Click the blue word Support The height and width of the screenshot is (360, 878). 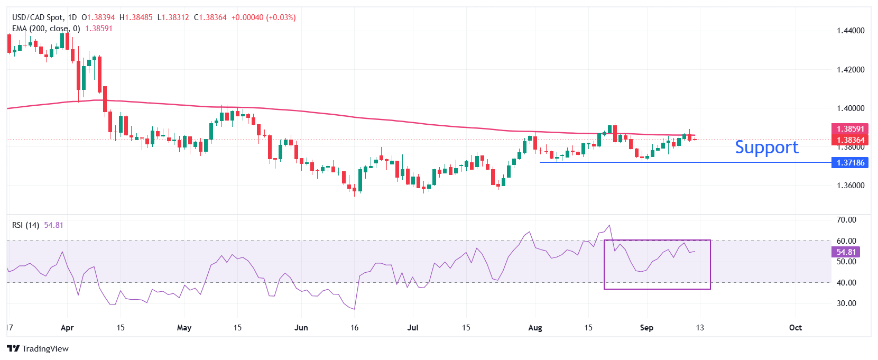click(766, 147)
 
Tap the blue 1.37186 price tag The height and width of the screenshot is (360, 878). click(850, 163)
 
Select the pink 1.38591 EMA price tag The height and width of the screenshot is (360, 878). click(850, 129)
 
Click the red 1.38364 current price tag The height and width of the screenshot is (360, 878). click(850, 140)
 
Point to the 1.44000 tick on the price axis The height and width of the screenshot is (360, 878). click(851, 31)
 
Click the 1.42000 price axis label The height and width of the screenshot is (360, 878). click(851, 70)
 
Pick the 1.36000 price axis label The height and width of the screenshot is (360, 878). click(851, 186)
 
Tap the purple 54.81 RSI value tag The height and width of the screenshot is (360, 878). click(846, 252)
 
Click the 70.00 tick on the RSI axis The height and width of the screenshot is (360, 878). click(846, 220)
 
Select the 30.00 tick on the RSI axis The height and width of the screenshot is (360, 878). click(846, 303)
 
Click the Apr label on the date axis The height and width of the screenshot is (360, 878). click(67, 328)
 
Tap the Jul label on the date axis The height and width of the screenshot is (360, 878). click(413, 328)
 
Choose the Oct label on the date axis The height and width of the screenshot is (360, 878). click(795, 328)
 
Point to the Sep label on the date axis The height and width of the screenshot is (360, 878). click(646, 328)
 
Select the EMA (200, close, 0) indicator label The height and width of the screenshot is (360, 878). click(46, 29)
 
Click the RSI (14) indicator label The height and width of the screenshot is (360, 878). click(25, 225)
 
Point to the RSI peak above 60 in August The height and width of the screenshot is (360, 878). click(609, 226)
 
